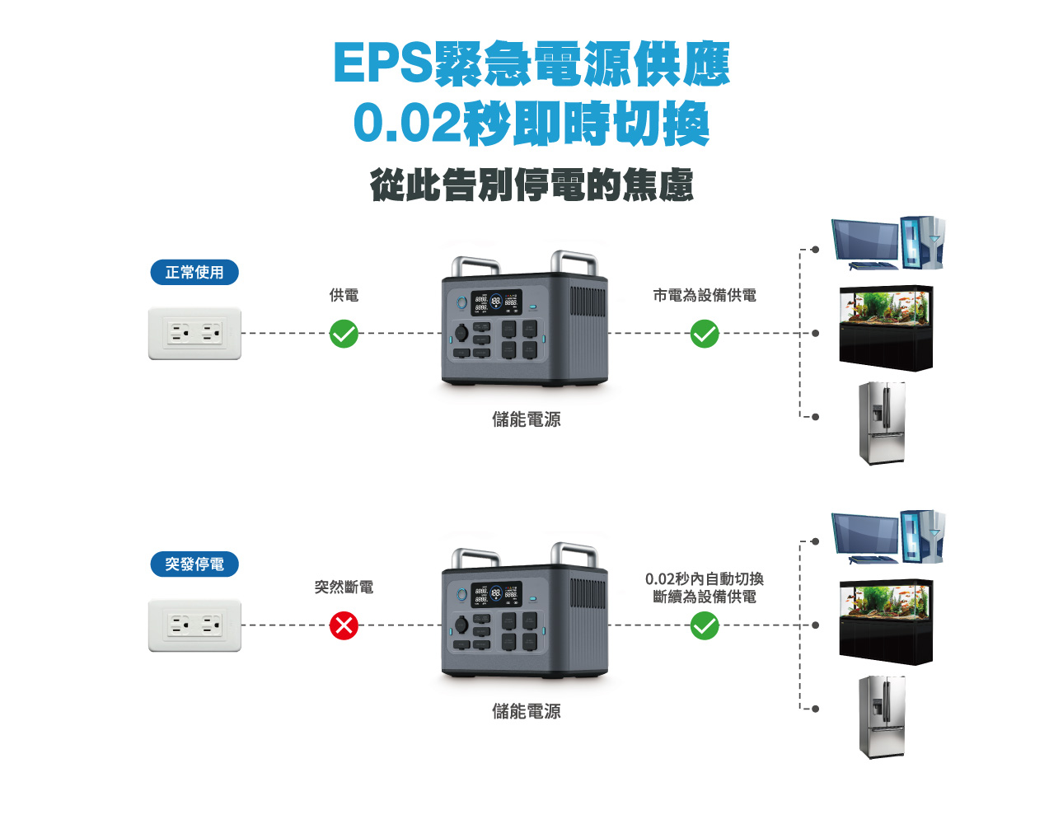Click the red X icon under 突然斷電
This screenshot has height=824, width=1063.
(x=344, y=625)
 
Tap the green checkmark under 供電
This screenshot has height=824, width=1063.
(x=344, y=334)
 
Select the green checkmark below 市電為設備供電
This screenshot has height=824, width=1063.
(x=704, y=334)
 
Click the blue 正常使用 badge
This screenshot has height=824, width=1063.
(x=194, y=272)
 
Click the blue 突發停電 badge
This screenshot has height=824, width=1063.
(x=194, y=564)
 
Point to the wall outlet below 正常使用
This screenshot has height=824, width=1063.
(x=194, y=333)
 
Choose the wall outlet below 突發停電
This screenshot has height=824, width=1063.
(x=194, y=625)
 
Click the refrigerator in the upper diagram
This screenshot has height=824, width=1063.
(x=882, y=423)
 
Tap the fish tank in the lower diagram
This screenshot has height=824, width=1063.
(x=886, y=621)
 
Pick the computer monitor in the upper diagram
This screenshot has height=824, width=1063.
(x=865, y=241)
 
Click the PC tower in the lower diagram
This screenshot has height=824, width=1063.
(x=922, y=536)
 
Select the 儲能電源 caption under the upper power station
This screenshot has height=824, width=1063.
(x=526, y=419)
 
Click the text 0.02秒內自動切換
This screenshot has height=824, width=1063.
(x=704, y=578)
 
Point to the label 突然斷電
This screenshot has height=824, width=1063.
(x=344, y=587)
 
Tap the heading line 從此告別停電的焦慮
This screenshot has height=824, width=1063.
(x=531, y=185)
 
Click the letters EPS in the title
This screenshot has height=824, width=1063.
(x=383, y=63)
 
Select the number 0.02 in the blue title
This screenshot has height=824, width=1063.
(x=407, y=122)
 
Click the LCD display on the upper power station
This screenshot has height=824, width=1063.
(x=496, y=302)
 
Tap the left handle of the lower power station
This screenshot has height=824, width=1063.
(x=475, y=559)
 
